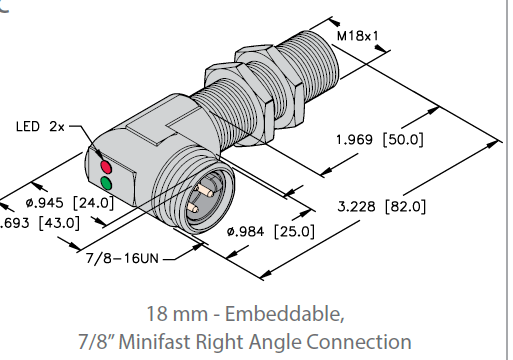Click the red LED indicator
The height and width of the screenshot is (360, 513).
pyautogui.click(x=103, y=163)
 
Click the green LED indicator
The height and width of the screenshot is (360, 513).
pyautogui.click(x=105, y=183)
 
